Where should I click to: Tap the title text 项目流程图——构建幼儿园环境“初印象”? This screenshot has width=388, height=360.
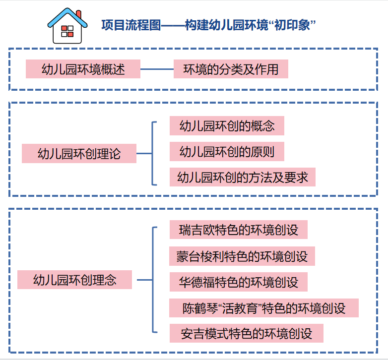209,25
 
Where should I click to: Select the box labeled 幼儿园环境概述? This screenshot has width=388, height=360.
83,69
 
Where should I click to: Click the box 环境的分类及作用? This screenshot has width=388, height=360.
231,69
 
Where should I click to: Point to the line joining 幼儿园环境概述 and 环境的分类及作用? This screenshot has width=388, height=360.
157,69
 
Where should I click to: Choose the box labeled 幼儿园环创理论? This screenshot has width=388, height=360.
79,153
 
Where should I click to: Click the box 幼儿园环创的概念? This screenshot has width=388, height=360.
227,125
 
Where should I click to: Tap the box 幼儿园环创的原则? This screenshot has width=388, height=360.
227,151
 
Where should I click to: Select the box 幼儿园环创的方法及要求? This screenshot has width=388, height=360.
243,177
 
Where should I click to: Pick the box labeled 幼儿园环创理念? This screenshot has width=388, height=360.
74,280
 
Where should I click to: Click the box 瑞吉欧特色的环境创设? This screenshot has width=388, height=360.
238,230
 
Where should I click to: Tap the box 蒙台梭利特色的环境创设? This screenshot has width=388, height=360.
242,256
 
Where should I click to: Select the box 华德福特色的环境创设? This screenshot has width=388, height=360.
238,282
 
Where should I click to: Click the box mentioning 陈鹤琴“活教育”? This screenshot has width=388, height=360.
263,308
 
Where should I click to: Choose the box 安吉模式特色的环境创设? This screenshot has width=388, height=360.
246,333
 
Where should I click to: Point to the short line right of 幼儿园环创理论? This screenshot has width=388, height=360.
144,153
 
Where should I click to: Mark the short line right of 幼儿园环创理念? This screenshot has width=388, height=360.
144,280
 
